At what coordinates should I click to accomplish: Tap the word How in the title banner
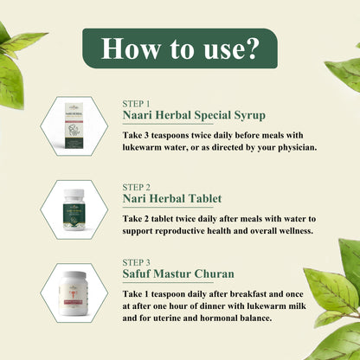tap(130, 48)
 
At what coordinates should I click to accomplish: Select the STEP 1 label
tap(136, 104)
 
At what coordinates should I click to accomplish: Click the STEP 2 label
tap(136, 187)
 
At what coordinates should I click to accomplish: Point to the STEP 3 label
tap(136, 262)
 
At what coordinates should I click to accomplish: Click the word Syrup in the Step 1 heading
tap(249, 116)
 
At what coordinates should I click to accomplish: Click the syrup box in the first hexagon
tap(74, 125)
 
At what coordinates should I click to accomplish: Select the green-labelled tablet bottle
tap(74, 209)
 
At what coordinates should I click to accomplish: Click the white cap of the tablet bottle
tap(74, 193)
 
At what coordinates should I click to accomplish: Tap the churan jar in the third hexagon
tap(73, 293)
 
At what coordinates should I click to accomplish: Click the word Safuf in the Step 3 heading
tap(136, 273)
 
